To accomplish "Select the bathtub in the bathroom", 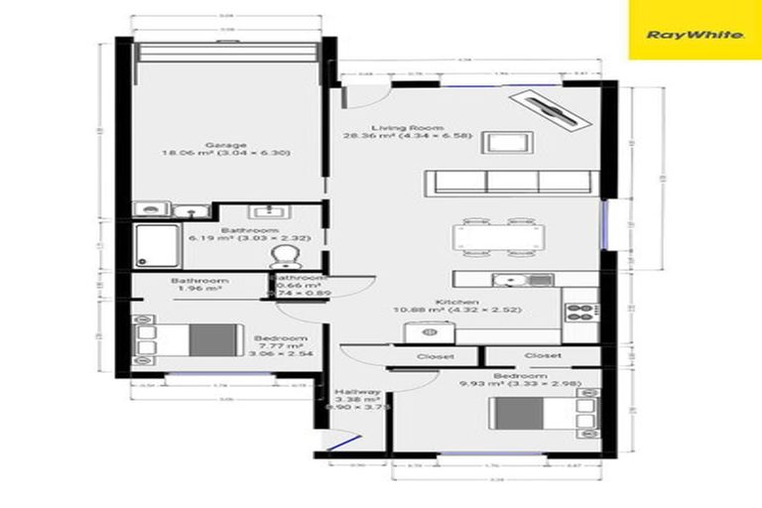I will pyautogui.click(x=156, y=244).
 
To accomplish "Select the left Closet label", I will pyautogui.click(x=435, y=355).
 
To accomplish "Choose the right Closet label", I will pyautogui.click(x=543, y=355).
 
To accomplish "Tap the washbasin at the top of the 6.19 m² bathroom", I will pyautogui.click(x=266, y=212).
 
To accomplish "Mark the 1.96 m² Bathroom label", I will pyautogui.click(x=198, y=285).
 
